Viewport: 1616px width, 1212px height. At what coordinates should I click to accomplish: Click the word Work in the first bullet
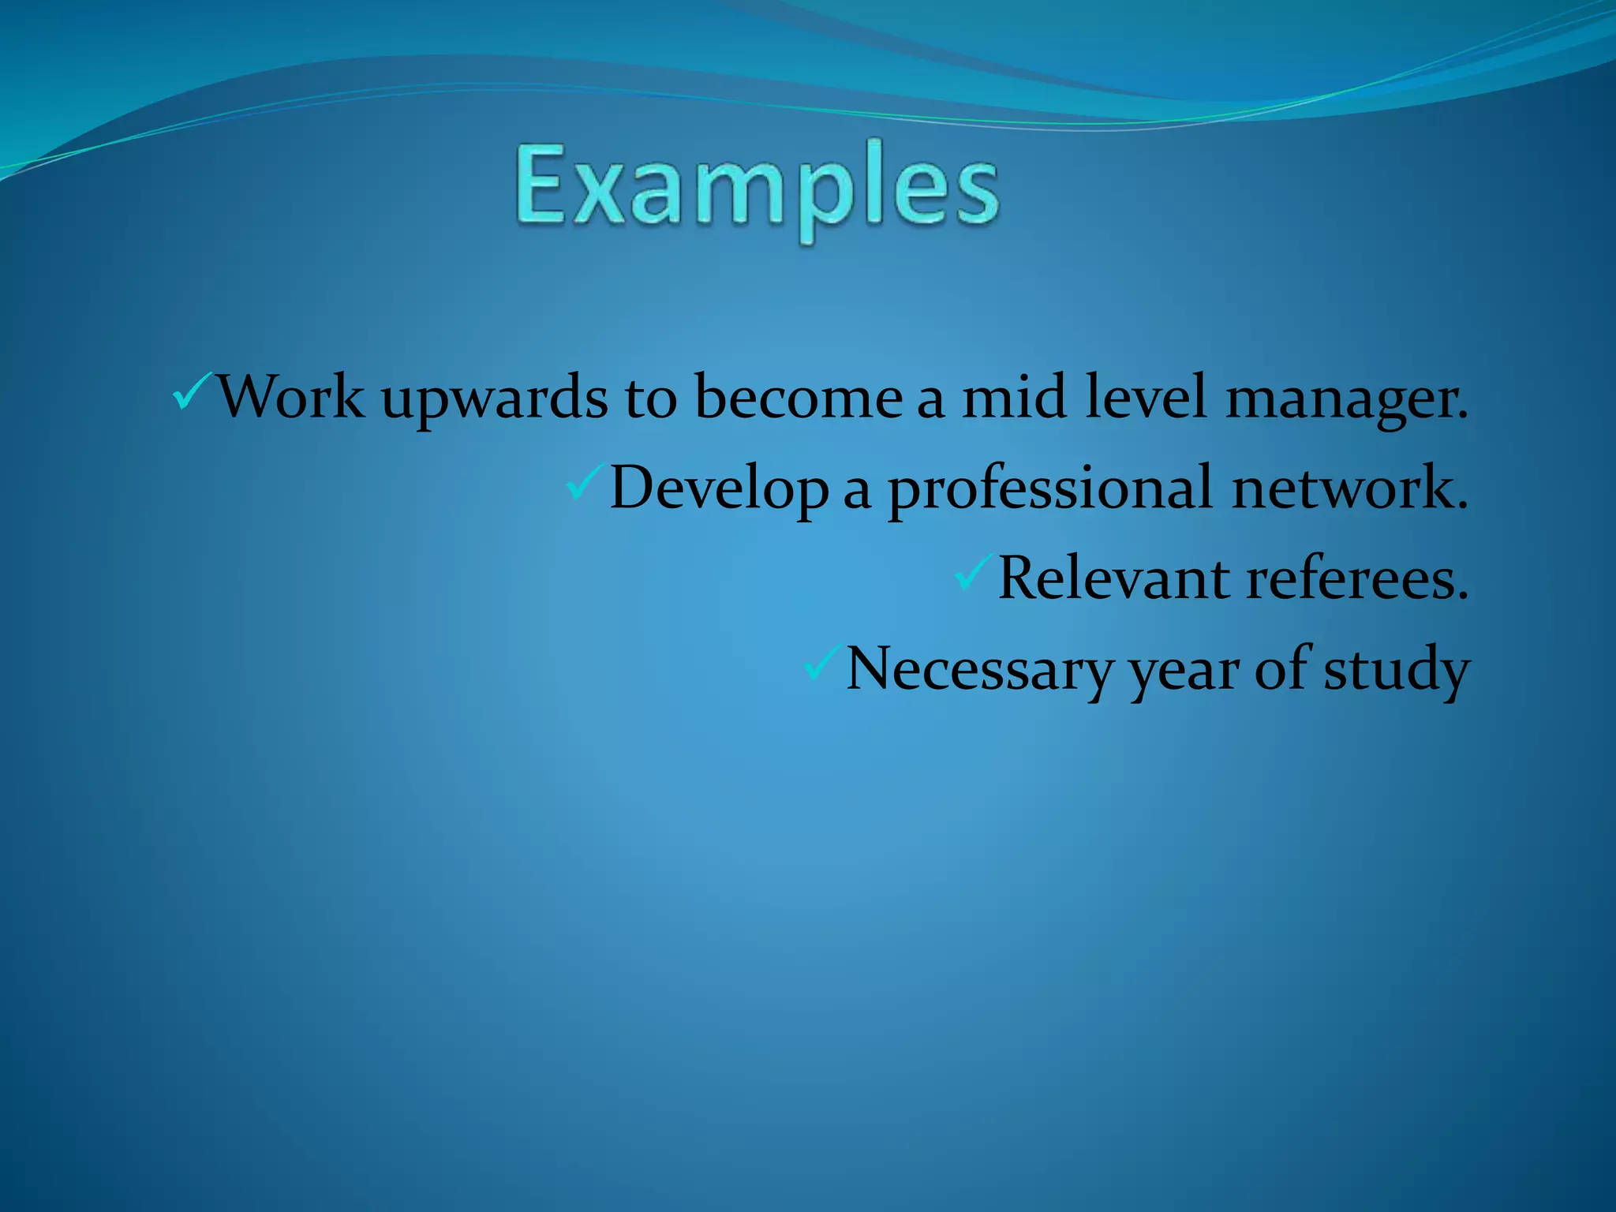pyautogui.click(x=290, y=396)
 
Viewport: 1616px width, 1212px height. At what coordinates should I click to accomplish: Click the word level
pyautogui.click(x=1146, y=396)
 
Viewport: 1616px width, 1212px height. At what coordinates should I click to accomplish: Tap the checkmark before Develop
pyautogui.click(x=585, y=481)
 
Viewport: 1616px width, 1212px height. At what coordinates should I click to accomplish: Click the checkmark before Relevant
pyautogui.click(x=974, y=573)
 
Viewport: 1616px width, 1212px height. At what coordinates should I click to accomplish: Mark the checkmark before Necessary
pyautogui.click(x=822, y=663)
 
